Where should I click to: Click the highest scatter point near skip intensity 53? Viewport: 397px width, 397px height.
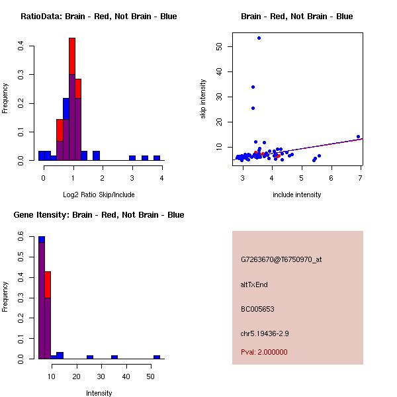tap(259, 38)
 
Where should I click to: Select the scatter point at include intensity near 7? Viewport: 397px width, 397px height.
tap(358, 137)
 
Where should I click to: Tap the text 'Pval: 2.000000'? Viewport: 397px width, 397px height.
tap(264, 352)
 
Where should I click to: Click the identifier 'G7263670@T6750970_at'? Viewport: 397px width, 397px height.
tap(281, 259)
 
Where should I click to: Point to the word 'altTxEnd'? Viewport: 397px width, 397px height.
tap(254, 285)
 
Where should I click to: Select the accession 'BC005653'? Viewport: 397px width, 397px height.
tap(257, 309)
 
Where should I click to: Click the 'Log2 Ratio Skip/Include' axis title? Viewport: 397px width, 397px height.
tap(98, 194)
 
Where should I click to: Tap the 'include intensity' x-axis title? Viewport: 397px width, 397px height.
tap(297, 195)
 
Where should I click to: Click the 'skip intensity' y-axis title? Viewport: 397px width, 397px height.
tap(203, 99)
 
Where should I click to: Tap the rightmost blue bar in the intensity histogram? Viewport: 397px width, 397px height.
tap(157, 357)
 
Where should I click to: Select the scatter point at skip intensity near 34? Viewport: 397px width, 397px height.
tap(253, 87)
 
